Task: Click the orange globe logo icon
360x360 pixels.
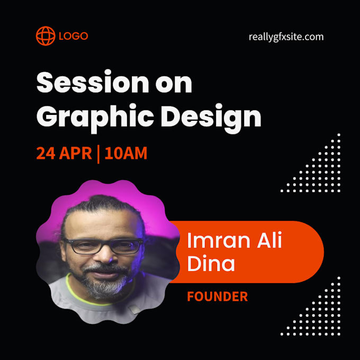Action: tap(46, 36)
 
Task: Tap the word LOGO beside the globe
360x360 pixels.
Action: tap(74, 37)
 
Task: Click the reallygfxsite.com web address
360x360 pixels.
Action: tap(286, 37)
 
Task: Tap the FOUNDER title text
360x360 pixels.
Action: tap(217, 296)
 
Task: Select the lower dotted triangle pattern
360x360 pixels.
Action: tap(323, 312)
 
